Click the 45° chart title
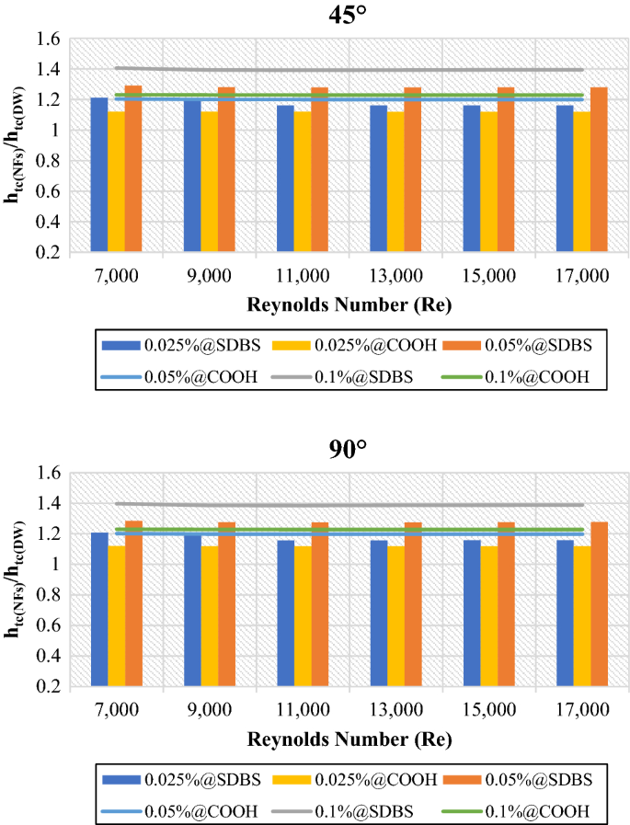(349, 16)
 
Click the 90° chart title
(349, 450)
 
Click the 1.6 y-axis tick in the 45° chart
(48, 40)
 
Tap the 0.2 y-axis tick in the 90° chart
(48, 687)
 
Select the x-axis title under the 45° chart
(349, 304)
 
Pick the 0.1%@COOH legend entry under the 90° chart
(538, 809)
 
